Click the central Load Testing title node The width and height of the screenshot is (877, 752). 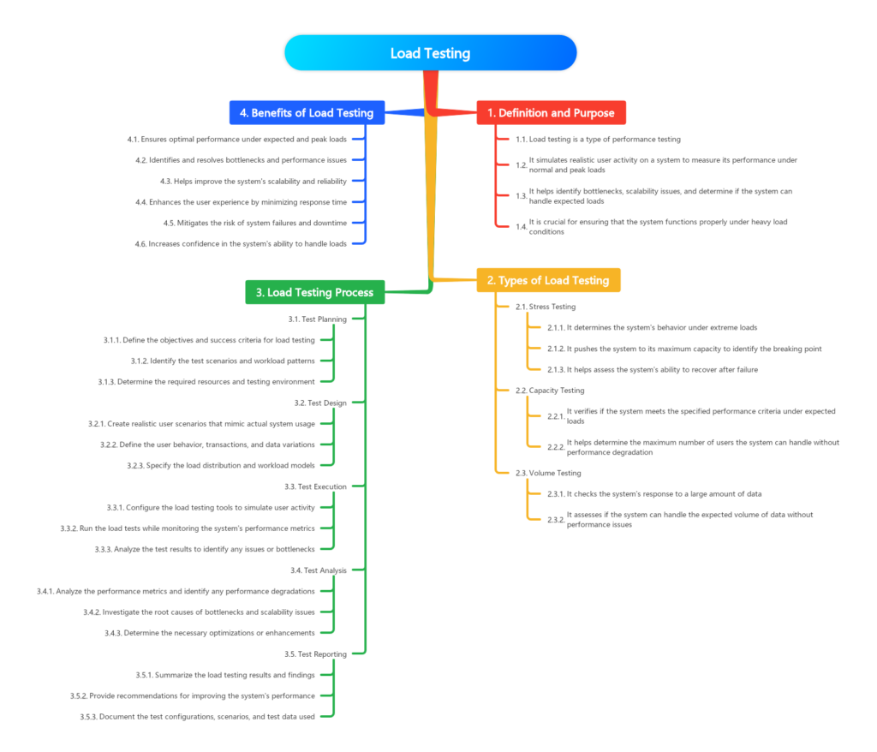click(x=430, y=53)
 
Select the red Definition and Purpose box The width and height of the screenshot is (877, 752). click(x=551, y=113)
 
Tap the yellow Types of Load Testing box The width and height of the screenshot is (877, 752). click(x=548, y=280)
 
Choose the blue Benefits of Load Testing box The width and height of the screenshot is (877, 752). click(x=306, y=113)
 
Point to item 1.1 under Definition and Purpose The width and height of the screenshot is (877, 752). click(x=598, y=139)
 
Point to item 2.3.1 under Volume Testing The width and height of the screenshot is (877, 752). click(x=655, y=494)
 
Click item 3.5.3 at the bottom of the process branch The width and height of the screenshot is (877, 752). click(x=198, y=716)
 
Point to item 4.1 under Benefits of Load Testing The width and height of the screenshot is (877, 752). click(x=236, y=138)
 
